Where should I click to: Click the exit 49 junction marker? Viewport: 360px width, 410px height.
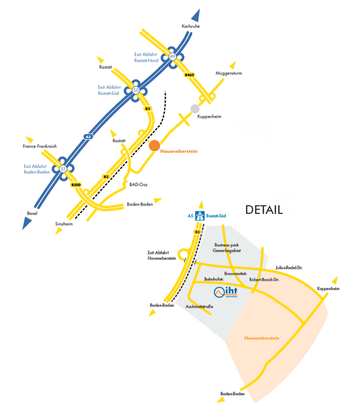tap(173, 56)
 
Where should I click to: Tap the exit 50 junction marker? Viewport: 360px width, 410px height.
tap(136, 90)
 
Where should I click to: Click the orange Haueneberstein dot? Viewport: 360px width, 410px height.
tap(154, 146)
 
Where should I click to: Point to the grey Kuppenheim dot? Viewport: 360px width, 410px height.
tap(195, 108)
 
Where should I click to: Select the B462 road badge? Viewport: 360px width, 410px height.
tap(190, 74)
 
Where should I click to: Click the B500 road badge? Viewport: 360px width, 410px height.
tap(76, 185)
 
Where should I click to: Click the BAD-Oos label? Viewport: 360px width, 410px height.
tap(139, 184)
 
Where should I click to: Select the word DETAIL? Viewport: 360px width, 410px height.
tap(263, 210)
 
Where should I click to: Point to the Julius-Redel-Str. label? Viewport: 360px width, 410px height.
tap(289, 268)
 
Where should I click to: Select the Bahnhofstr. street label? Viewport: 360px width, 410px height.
tap(214, 279)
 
